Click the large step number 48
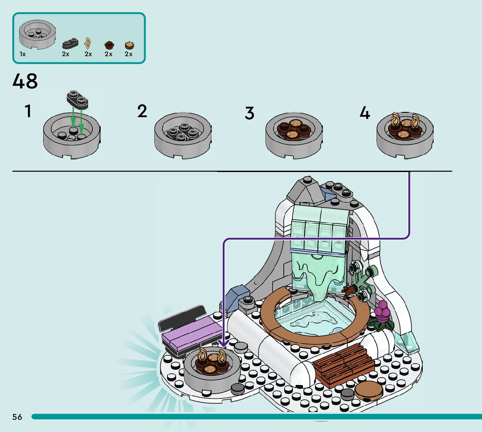click(x=25, y=81)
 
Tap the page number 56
click(x=17, y=417)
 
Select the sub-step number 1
click(x=28, y=111)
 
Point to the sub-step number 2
click(x=142, y=111)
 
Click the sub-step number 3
click(x=250, y=113)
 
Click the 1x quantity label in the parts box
click(x=22, y=54)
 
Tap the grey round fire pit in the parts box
click(x=37, y=34)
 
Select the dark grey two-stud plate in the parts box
click(x=71, y=44)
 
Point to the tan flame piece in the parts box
click(x=88, y=43)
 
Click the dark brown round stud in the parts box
click(x=109, y=45)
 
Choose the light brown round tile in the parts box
click(x=129, y=45)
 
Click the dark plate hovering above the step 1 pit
click(x=78, y=99)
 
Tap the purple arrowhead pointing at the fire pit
click(x=224, y=343)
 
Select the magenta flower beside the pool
click(x=382, y=311)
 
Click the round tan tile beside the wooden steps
click(x=369, y=390)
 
